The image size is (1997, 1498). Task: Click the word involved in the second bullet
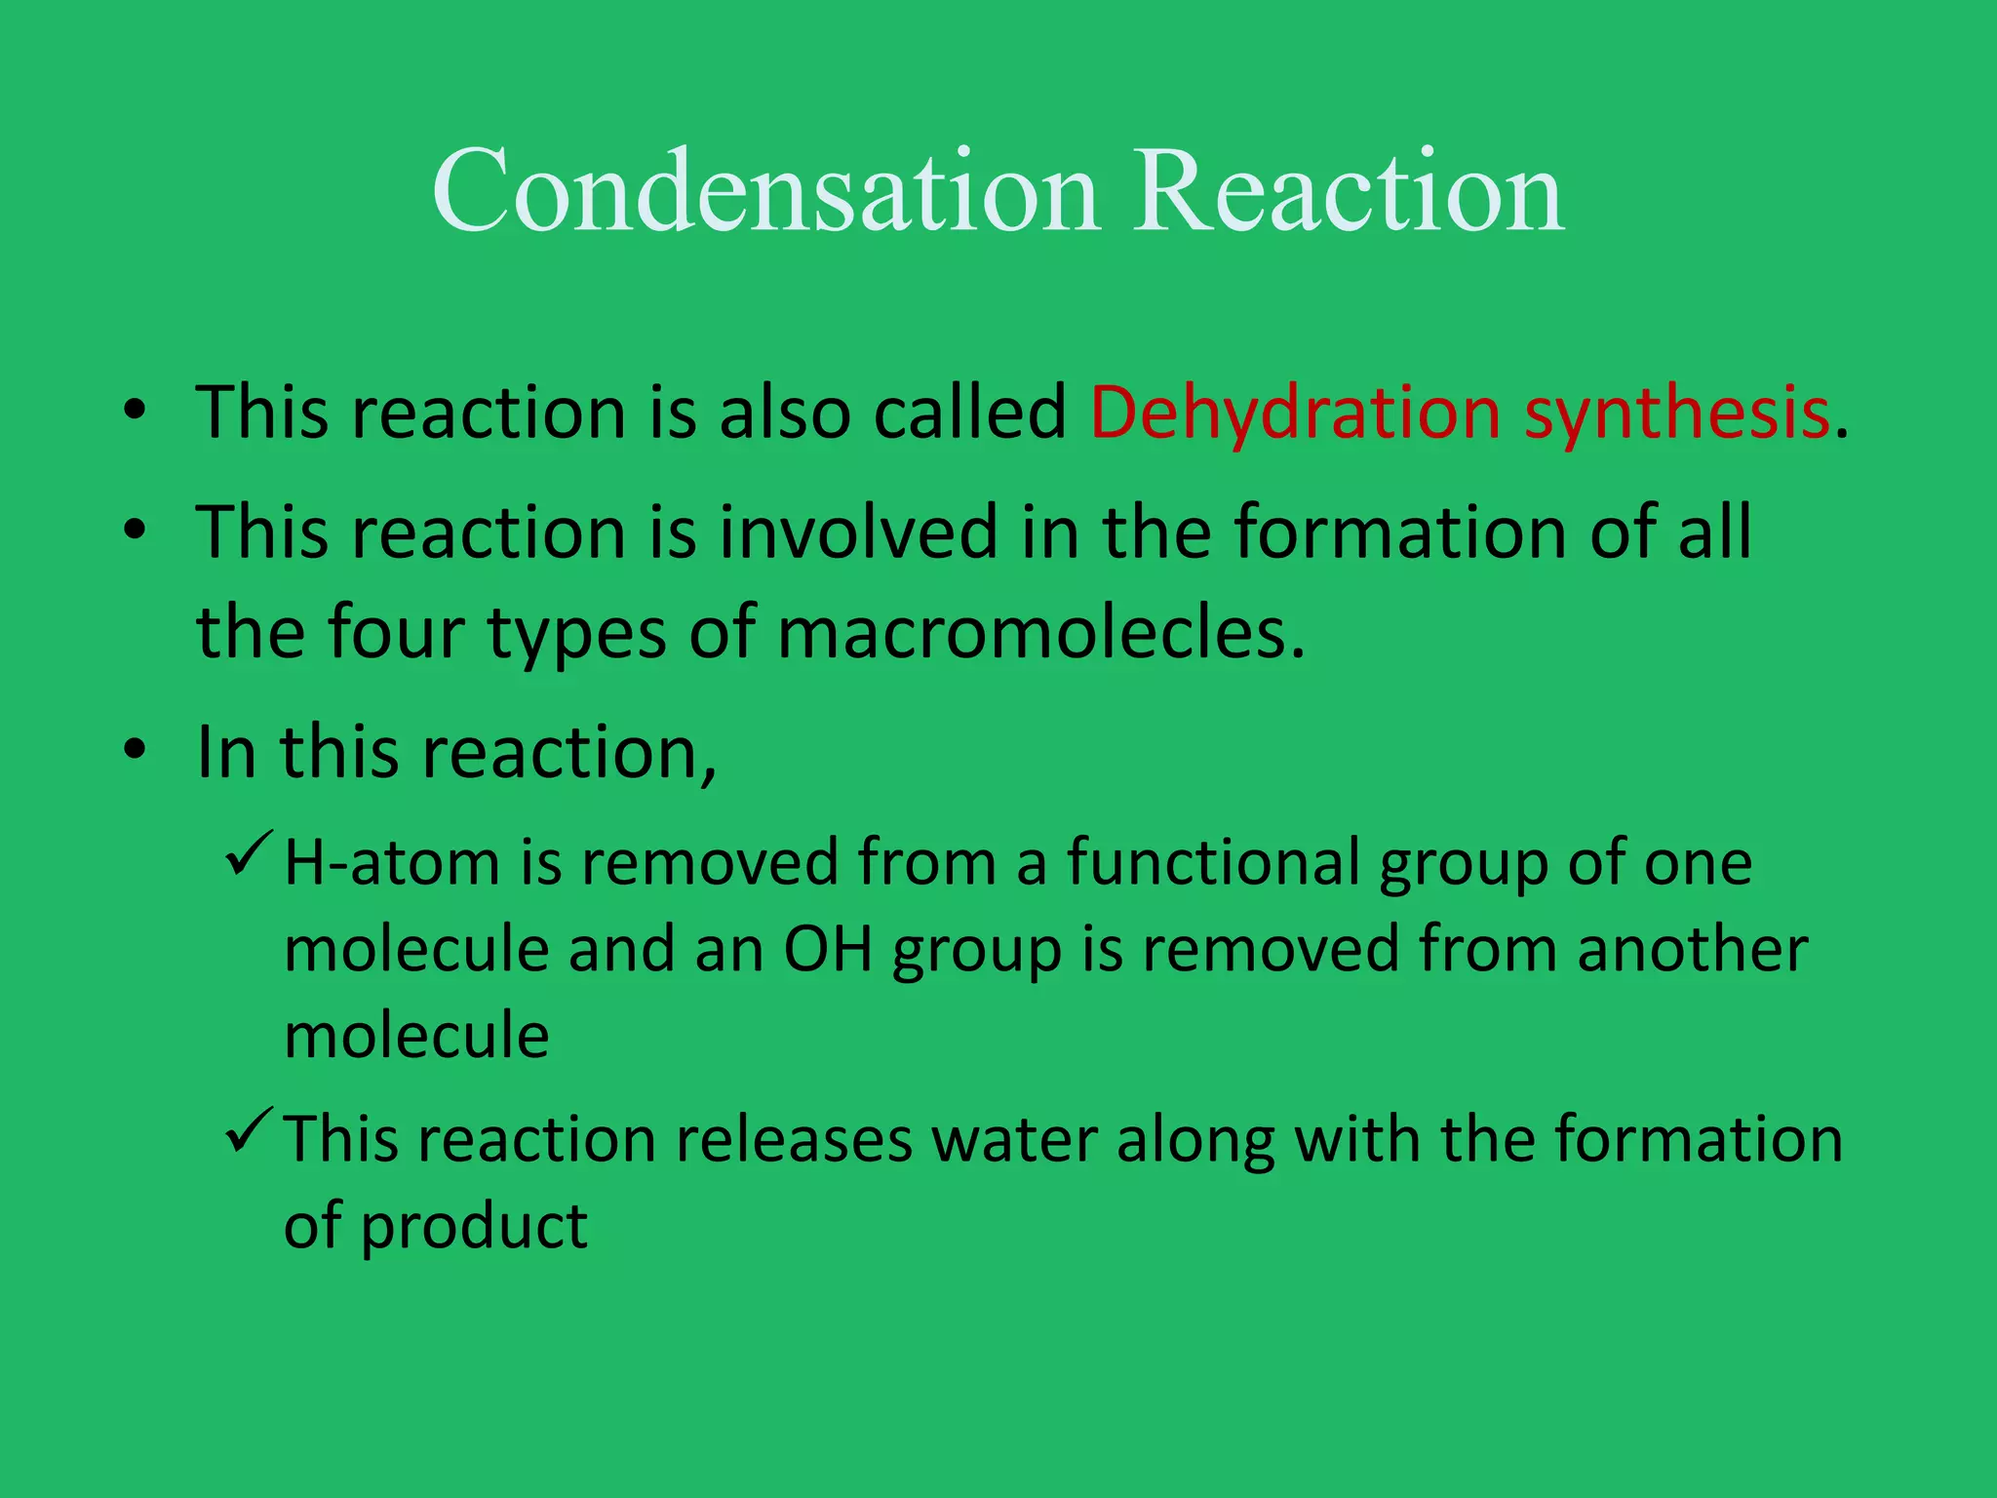coord(859,532)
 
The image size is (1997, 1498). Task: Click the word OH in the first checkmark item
coord(828,949)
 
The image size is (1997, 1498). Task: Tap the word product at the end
coord(474,1227)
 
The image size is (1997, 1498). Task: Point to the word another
coord(1692,949)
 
